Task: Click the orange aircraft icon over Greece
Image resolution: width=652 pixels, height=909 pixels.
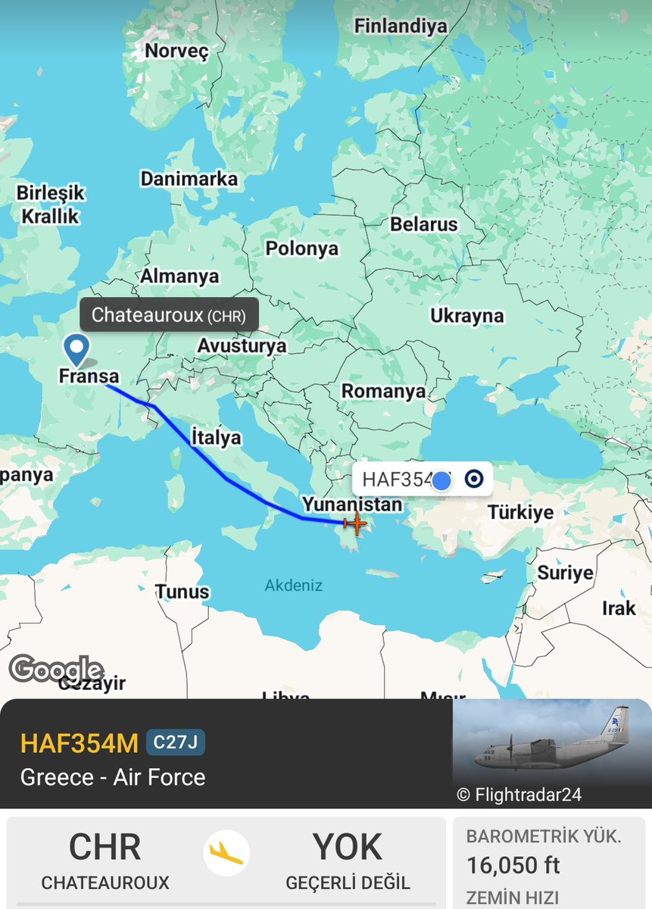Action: (x=354, y=522)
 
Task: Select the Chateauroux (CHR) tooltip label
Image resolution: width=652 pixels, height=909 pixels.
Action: (x=169, y=315)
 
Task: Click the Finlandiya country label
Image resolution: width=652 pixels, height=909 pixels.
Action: (x=401, y=25)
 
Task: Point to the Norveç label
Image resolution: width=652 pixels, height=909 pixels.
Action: (x=176, y=51)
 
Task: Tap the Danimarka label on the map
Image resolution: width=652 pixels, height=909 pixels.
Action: (x=189, y=180)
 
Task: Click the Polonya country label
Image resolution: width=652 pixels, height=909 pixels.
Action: (x=301, y=248)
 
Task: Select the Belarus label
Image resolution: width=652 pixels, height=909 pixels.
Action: (x=423, y=224)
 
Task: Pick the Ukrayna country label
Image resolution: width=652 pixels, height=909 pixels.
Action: (x=467, y=316)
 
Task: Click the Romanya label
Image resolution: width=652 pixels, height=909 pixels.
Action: (x=383, y=391)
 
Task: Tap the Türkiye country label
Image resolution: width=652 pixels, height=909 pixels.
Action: (x=520, y=512)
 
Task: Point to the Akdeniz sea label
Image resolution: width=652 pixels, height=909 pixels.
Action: (x=293, y=586)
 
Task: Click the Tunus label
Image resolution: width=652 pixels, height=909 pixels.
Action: (x=182, y=591)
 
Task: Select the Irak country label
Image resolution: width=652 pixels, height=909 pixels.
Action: (x=619, y=608)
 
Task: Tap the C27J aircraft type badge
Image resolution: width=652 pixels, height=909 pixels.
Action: (x=175, y=742)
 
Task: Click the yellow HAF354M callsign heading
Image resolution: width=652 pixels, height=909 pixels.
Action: (x=80, y=743)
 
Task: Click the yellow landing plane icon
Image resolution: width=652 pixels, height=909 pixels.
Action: (x=226, y=853)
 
